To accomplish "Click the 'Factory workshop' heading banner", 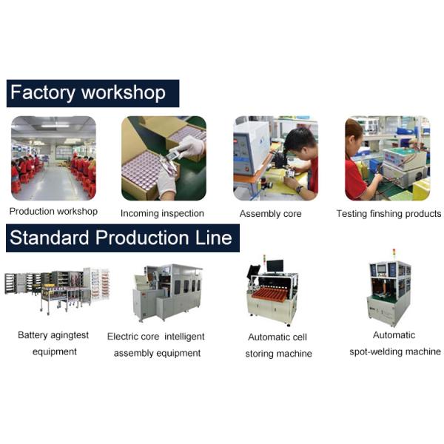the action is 92,93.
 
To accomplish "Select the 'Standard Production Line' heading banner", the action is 123,238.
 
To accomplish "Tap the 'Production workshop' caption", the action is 53,211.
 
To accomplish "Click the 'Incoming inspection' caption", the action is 162,213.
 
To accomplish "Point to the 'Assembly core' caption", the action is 270,214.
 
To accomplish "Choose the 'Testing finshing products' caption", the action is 388,214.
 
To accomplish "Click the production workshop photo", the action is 53,158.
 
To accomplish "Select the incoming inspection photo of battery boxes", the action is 164,158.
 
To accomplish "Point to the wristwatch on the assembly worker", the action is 299,188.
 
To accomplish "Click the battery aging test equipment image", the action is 57,291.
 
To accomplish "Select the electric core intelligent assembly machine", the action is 168,293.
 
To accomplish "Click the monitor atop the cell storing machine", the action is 275,266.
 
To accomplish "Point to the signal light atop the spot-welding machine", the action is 394,255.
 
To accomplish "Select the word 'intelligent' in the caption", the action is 184,337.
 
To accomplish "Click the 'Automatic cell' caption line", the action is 277,337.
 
